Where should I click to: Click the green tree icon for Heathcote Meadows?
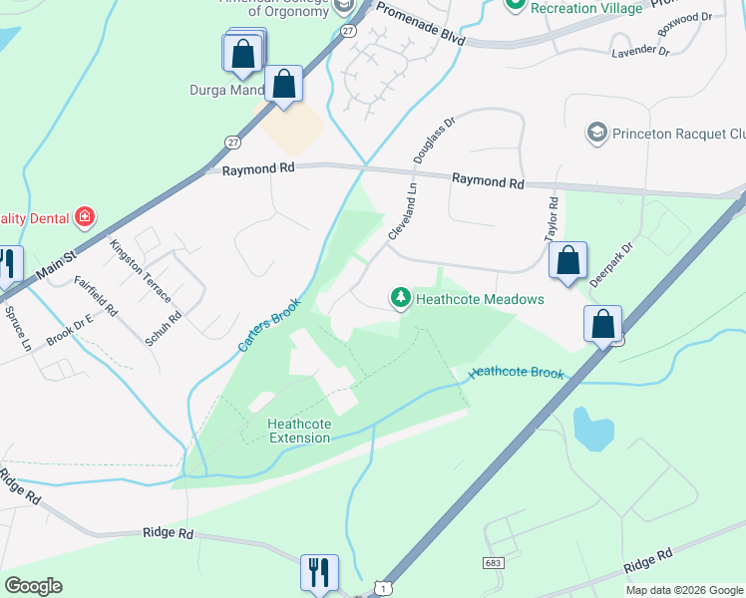(x=400, y=298)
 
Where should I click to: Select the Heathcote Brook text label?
(x=516, y=373)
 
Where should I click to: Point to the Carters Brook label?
(x=268, y=325)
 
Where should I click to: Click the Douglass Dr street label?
(x=439, y=139)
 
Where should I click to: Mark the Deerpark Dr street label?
(x=611, y=264)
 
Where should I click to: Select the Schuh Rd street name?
(x=164, y=329)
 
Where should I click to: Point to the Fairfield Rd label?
(x=96, y=296)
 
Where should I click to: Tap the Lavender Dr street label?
(x=640, y=50)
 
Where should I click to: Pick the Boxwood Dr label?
(x=691, y=17)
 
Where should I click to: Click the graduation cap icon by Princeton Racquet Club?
(x=597, y=133)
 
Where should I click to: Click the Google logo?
(x=33, y=586)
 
